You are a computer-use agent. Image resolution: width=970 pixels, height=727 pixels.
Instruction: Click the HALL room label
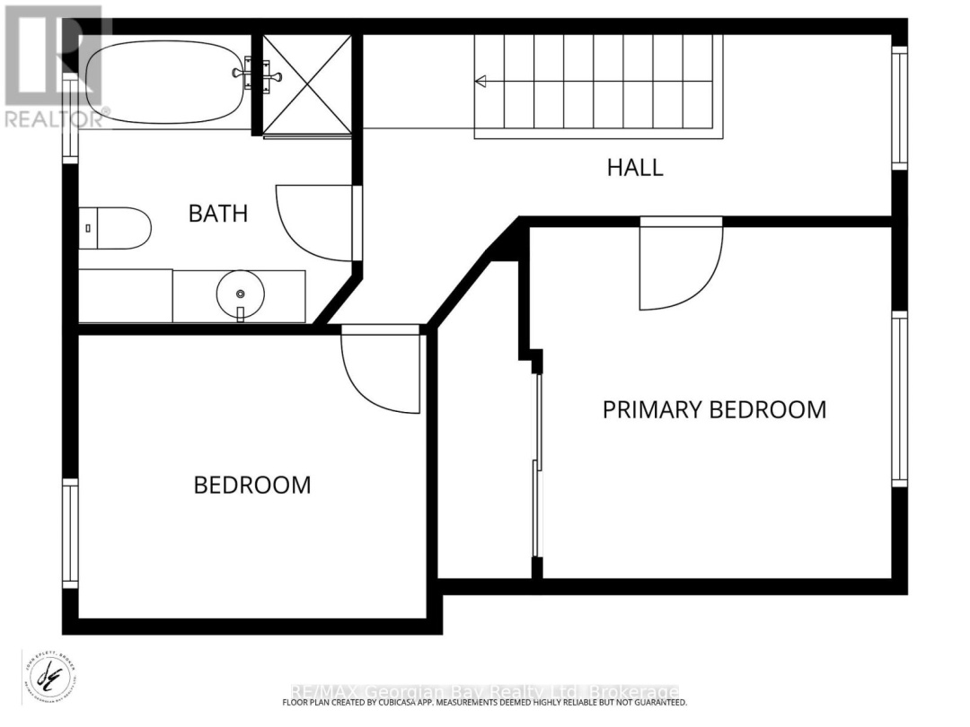[x=635, y=167]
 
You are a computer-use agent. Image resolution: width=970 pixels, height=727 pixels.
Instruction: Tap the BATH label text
[x=217, y=214]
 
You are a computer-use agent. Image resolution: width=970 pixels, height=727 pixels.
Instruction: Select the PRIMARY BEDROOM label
[x=714, y=410]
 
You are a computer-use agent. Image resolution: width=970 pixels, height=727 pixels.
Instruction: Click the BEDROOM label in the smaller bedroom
[x=252, y=486]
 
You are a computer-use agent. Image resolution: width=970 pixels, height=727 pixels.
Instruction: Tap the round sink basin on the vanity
[x=240, y=293]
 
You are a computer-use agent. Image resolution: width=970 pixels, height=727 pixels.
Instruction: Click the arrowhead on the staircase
[x=481, y=83]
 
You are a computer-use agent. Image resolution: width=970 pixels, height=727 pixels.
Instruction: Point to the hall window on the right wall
[x=899, y=108]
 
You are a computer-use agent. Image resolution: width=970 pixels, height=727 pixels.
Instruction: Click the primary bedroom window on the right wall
[x=899, y=399]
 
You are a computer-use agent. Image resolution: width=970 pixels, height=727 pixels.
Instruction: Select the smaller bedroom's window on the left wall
[x=70, y=533]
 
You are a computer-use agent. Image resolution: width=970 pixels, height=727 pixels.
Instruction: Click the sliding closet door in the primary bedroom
[x=537, y=467]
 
